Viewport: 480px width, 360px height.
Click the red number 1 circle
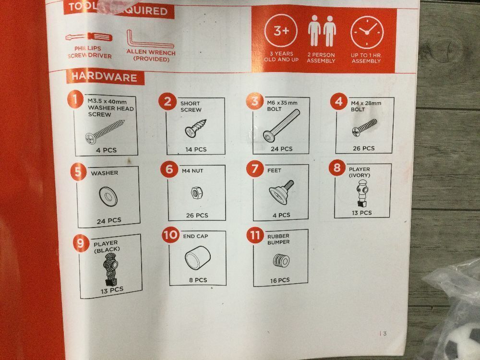[x=76, y=99]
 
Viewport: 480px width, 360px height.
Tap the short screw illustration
[x=196, y=128]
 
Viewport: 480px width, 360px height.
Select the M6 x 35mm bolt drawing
[x=281, y=125]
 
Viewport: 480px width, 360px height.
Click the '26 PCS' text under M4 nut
[x=197, y=216]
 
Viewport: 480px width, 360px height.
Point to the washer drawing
[x=108, y=196]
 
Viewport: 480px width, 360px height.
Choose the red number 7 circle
[x=255, y=168]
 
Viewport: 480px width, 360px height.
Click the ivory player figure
[x=362, y=193]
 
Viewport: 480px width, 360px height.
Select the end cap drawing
[x=198, y=258]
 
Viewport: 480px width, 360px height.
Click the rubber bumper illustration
[x=281, y=261]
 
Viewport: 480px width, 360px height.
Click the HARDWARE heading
[x=104, y=77]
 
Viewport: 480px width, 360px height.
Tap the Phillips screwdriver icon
[x=89, y=37]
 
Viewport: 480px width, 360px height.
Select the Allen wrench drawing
[x=150, y=39]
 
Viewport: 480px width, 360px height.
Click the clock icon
[x=367, y=32]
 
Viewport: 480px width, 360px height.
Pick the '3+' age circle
[x=281, y=31]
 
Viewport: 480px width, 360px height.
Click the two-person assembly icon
[x=322, y=31]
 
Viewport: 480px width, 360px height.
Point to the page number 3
[x=385, y=334]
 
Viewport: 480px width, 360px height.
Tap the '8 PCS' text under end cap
[x=198, y=280]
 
